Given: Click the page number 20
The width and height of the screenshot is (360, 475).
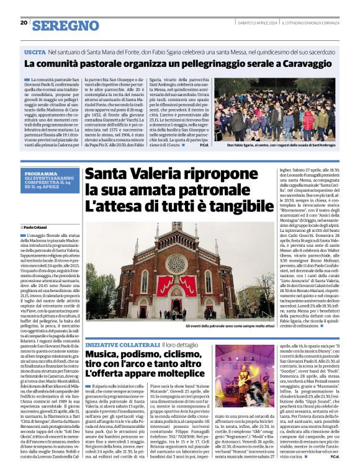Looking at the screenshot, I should point(24,23).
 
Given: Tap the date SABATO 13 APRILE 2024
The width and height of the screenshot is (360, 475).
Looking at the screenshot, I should point(256,24).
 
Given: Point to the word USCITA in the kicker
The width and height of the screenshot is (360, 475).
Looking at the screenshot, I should point(35,54).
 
